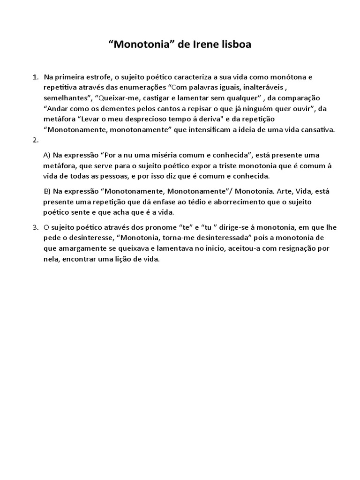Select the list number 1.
click(x=35, y=76)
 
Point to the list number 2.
click(x=35, y=140)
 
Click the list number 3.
click(x=35, y=227)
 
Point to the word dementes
click(x=123, y=109)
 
